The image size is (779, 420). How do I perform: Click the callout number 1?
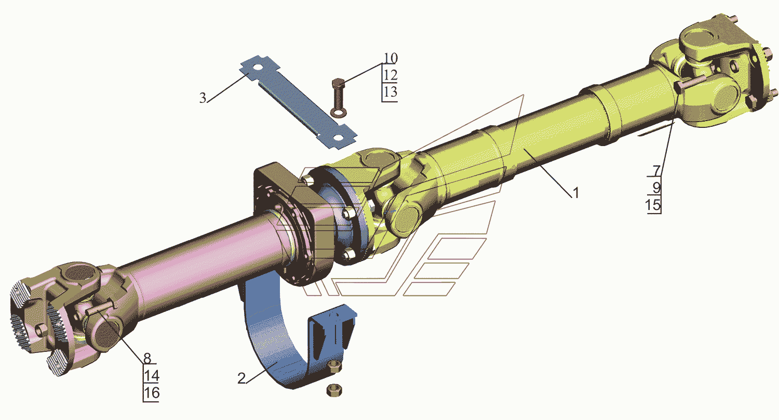[576, 193]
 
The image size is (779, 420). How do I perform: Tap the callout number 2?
[241, 378]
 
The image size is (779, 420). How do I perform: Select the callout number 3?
[203, 98]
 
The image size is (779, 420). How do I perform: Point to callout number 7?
[656, 171]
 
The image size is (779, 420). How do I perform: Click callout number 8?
[147, 358]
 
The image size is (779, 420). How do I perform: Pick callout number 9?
[656, 188]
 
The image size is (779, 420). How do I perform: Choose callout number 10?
[391, 58]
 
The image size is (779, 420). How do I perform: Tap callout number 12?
[390, 75]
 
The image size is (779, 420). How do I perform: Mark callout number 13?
[390, 92]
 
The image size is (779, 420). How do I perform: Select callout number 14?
[152, 376]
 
